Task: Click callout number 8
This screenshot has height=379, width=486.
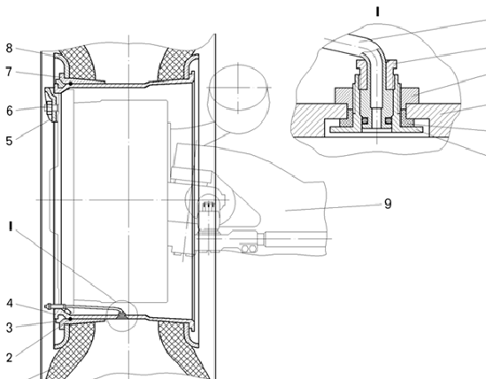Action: click(10, 49)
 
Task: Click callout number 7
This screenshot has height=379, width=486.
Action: click(9, 72)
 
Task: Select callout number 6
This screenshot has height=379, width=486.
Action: click(10, 111)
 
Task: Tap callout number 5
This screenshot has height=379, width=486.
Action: click(9, 141)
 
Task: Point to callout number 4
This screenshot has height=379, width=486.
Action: click(10, 304)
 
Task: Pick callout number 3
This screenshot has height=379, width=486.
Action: click(10, 328)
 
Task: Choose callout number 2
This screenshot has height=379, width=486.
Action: click(10, 358)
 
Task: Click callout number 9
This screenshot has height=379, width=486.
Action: click(388, 204)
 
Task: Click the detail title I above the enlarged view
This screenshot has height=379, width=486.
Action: click(377, 12)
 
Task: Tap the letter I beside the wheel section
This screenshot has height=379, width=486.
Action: click(11, 227)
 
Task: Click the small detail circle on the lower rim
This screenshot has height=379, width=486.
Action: click(122, 316)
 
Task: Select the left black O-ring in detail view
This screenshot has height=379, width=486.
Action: click(365, 120)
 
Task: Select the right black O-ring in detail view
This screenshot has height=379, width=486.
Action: click(389, 120)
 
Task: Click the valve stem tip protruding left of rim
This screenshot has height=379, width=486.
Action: click(47, 306)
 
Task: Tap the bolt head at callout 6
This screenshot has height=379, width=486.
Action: click(46, 108)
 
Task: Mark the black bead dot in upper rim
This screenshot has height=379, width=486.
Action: click(71, 84)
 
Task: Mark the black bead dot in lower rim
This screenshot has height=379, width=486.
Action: click(71, 319)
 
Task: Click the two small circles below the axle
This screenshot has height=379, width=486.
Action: click(249, 249)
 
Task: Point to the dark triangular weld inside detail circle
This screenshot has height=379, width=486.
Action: click(121, 315)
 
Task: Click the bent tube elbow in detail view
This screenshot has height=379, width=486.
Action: click(375, 52)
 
